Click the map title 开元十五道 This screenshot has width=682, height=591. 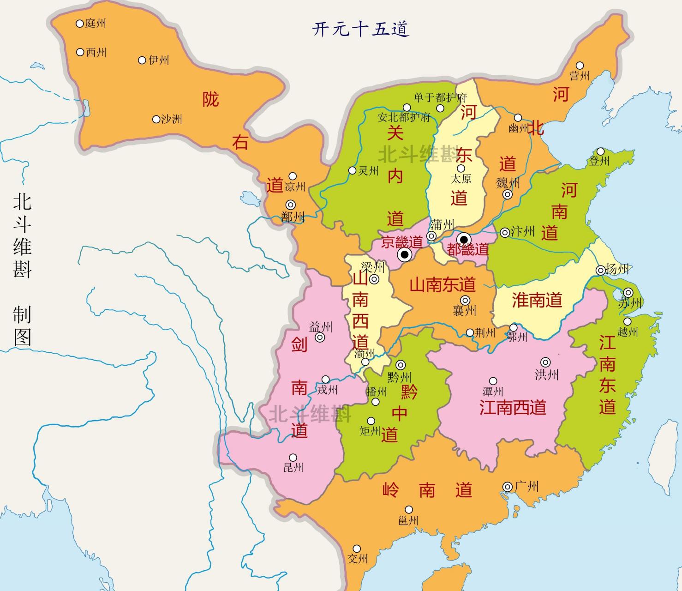tap(360, 29)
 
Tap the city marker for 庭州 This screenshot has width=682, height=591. tap(80, 23)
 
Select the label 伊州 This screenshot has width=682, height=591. tap(159, 60)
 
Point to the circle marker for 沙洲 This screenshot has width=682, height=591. tap(156, 119)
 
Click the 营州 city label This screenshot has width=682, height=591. tap(580, 76)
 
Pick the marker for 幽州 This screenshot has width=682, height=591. tap(518, 118)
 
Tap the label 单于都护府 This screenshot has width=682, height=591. tap(440, 97)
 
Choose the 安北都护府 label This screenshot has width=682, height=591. tap(404, 117)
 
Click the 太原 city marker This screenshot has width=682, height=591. tap(461, 169)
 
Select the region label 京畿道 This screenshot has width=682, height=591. tap(401, 241)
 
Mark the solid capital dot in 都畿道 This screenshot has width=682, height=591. tap(464, 239)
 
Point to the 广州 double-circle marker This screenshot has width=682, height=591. tap(508, 487)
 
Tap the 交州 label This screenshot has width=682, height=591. tap(358, 558)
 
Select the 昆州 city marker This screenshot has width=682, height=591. tap(293, 458)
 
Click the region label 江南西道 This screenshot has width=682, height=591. tap(513, 407)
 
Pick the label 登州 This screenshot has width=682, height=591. tap(599, 161)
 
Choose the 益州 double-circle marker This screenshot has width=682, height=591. tap(320, 338)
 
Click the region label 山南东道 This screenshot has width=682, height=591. tap(442, 285)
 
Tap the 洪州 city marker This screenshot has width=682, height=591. tap(546, 362)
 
